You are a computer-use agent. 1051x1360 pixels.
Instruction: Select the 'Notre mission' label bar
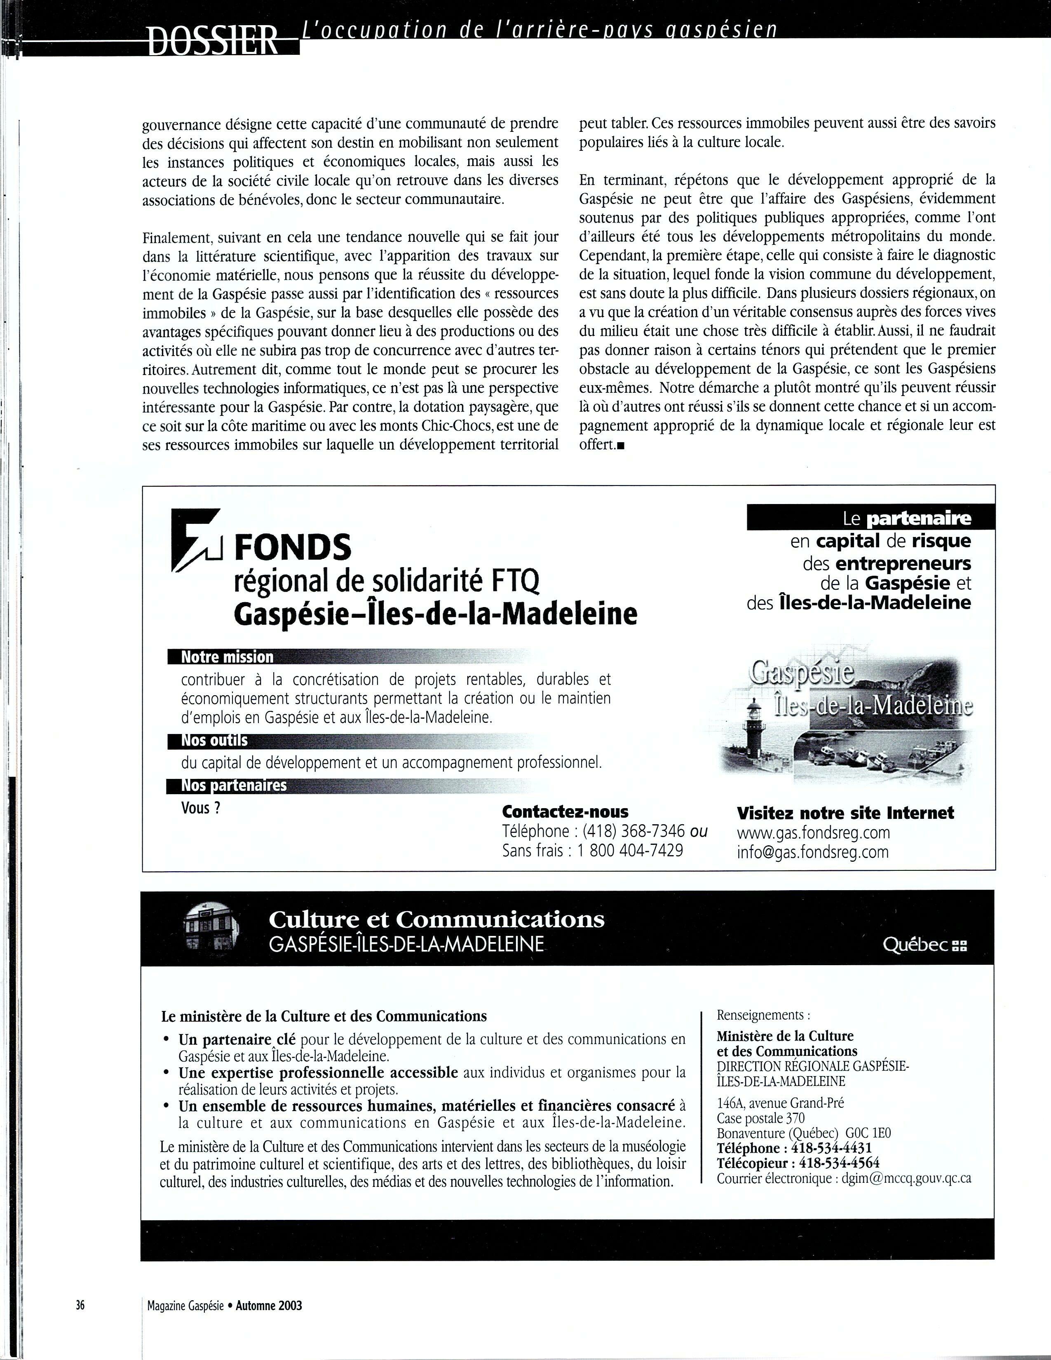(x=227, y=657)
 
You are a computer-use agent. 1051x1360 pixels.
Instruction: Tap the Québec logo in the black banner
(x=924, y=945)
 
